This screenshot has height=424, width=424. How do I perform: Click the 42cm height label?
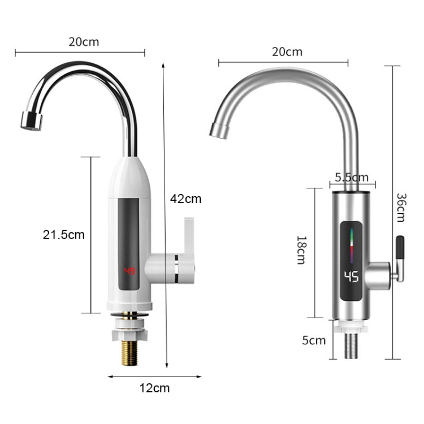185,199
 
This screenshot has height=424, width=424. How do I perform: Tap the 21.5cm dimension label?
63,235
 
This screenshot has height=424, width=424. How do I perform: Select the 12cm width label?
154,388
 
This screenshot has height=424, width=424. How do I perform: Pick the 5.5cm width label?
351,178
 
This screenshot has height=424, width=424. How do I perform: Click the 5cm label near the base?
313,340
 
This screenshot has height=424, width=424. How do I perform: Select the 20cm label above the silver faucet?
287,52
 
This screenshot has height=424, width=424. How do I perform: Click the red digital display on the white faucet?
130,272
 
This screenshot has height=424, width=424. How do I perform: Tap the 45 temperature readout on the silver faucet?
351,277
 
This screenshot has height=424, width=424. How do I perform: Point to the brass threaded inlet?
131,357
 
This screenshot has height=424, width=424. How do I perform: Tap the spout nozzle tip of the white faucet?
31,120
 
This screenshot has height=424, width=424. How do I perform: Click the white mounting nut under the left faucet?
131,328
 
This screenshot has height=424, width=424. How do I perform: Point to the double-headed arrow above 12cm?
154,376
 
